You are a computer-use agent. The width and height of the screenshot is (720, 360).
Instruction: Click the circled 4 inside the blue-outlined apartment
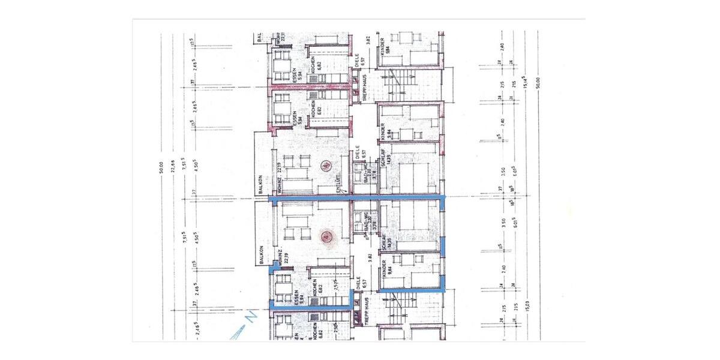(x=326, y=237)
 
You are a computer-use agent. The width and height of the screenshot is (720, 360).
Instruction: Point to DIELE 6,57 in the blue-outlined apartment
(x=358, y=286)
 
